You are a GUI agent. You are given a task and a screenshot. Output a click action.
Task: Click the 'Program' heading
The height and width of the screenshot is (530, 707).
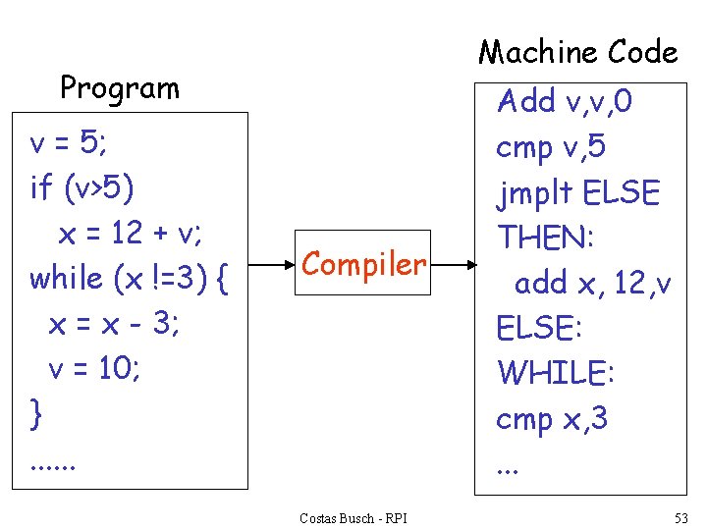[x=120, y=88]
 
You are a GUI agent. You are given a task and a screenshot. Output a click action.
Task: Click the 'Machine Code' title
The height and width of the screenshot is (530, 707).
[x=577, y=52]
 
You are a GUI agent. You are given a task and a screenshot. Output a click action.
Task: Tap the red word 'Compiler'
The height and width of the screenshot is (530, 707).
[x=363, y=263]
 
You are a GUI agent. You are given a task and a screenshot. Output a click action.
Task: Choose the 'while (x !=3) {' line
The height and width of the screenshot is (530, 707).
[x=130, y=279]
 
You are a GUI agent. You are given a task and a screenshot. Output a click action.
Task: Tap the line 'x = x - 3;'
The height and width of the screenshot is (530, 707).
[x=114, y=324]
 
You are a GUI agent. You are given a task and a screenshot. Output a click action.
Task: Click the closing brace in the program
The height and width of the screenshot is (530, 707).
[x=36, y=414]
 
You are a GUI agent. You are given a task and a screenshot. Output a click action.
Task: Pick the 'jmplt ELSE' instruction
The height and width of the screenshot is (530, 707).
[x=577, y=192]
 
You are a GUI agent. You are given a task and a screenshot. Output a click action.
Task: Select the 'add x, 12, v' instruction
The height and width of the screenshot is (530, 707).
[x=593, y=283]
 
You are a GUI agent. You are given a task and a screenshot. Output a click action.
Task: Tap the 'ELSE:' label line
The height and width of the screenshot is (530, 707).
[x=539, y=327]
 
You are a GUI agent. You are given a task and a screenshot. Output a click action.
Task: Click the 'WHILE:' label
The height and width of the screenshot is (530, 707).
[x=556, y=372]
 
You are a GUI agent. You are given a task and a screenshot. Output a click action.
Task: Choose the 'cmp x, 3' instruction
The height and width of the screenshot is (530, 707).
[x=552, y=418]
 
